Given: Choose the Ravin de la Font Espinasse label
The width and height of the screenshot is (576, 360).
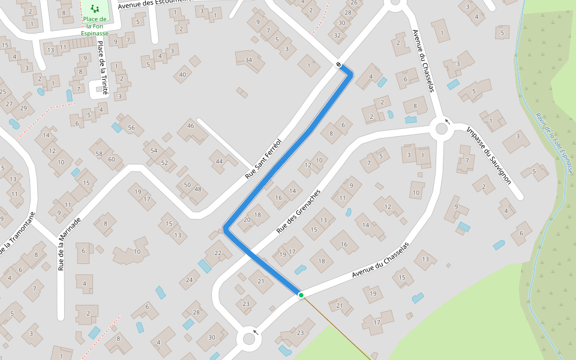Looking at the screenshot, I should [555, 142].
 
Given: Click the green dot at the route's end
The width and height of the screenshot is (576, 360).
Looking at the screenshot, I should [301, 295].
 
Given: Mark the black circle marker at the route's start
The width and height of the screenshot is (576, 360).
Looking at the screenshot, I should [339, 65].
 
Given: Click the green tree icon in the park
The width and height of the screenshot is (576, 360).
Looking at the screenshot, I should [94, 8].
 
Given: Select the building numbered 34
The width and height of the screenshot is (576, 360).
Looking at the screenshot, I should [248, 60].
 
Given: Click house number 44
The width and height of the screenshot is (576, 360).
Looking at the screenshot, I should [219, 161].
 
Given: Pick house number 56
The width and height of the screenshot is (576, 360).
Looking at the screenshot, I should [131, 127].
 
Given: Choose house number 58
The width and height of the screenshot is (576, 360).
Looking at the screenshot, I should [100, 154].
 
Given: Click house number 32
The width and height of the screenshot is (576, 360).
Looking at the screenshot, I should [338, 35].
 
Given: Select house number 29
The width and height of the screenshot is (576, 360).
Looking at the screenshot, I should [23, 107].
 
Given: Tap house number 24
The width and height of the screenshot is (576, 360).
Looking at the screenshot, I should [190, 280].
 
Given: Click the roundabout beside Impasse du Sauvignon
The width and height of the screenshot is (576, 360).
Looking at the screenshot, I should [442, 128].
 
